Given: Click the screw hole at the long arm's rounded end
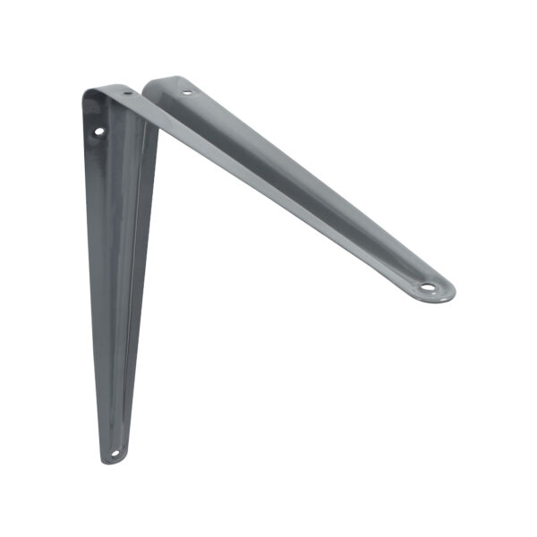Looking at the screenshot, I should [x=428, y=288].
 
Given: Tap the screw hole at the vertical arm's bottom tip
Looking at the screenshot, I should [x=113, y=453].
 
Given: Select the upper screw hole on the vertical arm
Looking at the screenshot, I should [x=98, y=132].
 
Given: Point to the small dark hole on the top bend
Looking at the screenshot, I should [x=127, y=93].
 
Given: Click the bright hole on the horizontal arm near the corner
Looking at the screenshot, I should [x=186, y=91].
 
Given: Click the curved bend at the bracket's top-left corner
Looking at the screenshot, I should [x=89, y=95].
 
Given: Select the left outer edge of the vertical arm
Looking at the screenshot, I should [x=89, y=268].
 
